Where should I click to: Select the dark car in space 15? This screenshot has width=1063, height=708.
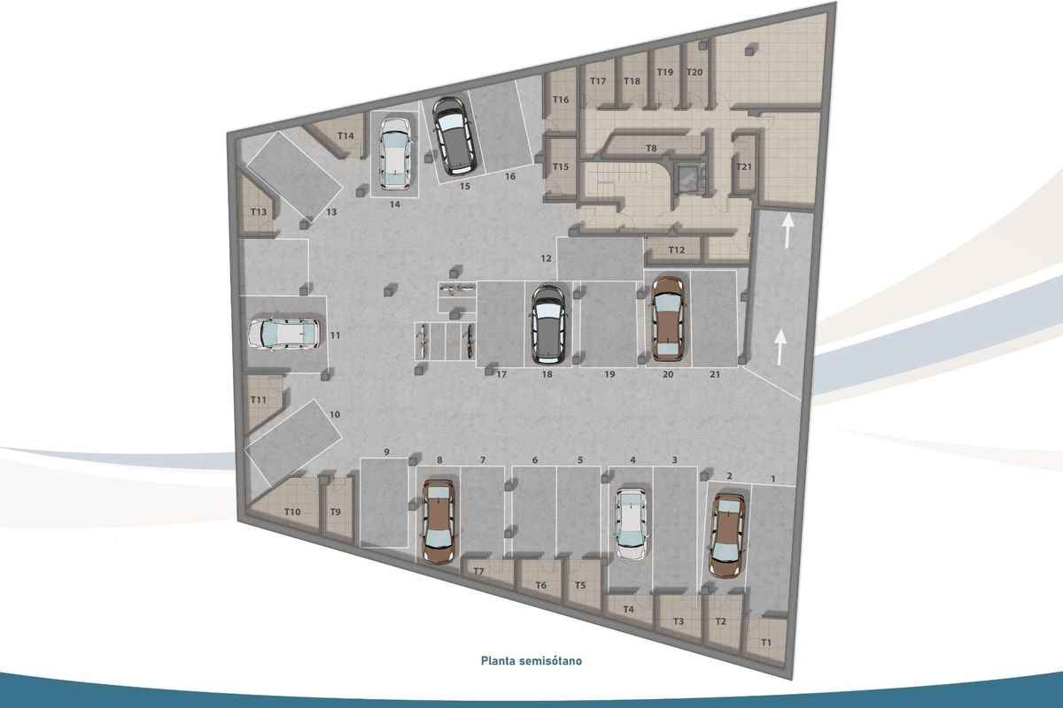[455, 135]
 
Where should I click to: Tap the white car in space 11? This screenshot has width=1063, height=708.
[284, 335]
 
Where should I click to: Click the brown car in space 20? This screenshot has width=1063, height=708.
[667, 319]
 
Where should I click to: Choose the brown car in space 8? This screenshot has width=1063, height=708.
[438, 521]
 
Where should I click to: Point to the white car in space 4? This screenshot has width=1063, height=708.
[631, 523]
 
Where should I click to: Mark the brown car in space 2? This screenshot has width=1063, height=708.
[727, 535]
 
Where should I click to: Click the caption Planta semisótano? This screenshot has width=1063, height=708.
[531, 660]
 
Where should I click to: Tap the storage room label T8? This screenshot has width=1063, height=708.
[651, 148]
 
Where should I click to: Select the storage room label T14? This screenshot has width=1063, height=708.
[345, 135]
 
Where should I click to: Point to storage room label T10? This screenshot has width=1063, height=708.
[292, 512]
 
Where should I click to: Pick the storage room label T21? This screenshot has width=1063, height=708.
[744, 166]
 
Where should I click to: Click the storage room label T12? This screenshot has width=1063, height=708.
[677, 250]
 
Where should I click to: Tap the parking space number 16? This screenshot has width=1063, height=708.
[510, 177]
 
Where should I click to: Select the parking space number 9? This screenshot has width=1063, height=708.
[386, 452]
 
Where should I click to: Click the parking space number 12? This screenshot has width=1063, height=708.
[547, 258]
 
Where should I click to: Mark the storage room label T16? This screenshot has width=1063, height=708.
[561, 100]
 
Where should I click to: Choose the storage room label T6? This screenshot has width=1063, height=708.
[541, 586]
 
